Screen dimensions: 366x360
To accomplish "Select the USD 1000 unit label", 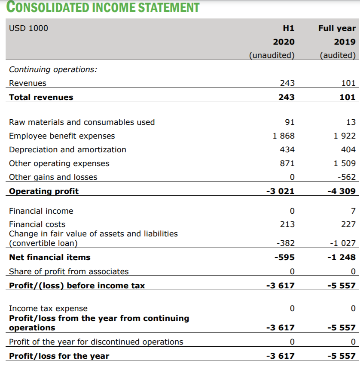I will pyautogui.click(x=29, y=28).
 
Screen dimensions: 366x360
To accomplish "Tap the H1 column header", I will pyautogui.click(x=289, y=28).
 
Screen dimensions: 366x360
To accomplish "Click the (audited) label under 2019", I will pyautogui.click(x=338, y=55).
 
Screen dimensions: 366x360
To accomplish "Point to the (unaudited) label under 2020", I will pyautogui.click(x=272, y=55).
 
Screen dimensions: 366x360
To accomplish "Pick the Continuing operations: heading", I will pyautogui.click(x=53, y=69).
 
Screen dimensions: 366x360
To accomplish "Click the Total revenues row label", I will pyautogui.click(x=41, y=97).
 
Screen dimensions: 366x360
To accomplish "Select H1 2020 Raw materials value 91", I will pyautogui.click(x=290, y=122).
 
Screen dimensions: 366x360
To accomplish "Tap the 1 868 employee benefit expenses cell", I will pyautogui.click(x=284, y=136).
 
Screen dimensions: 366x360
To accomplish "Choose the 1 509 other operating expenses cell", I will pyautogui.click(x=345, y=163).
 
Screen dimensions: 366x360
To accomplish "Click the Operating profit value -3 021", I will pyautogui.click(x=281, y=191).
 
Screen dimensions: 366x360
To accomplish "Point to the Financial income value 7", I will pyautogui.click(x=353, y=211).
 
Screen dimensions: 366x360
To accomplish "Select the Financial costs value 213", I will pyautogui.click(x=288, y=224).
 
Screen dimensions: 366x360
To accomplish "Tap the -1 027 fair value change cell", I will pyautogui.click(x=343, y=243).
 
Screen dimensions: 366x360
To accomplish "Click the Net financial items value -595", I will pyautogui.click(x=284, y=257).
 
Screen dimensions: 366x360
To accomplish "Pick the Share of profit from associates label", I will pyautogui.click(x=69, y=271).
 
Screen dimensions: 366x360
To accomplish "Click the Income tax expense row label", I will pyautogui.click(x=48, y=308).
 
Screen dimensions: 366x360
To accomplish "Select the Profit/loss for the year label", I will pyautogui.click(x=59, y=356).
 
